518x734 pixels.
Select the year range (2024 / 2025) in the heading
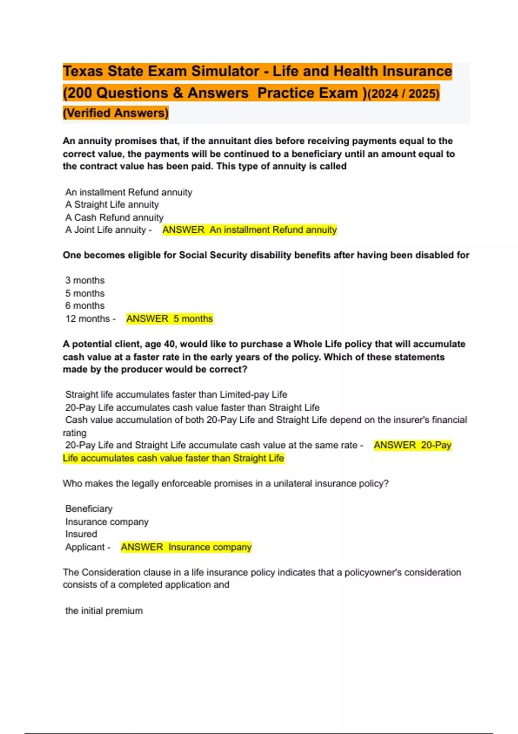[403, 93]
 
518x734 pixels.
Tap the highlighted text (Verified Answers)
[116, 113]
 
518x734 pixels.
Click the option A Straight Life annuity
[112, 205]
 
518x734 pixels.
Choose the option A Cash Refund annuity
[114, 218]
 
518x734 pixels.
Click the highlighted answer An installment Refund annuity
[250, 230]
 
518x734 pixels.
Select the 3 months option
[85, 281]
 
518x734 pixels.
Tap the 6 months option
[85, 306]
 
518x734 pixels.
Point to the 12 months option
[88, 319]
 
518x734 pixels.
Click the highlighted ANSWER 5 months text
[170, 319]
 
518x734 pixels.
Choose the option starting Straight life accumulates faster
[176, 395]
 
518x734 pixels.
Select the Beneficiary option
[89, 509]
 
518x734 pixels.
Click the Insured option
[81, 534]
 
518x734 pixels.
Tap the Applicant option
[85, 547]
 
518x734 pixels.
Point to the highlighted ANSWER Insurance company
[186, 547]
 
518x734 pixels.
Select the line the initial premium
[104, 611]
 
